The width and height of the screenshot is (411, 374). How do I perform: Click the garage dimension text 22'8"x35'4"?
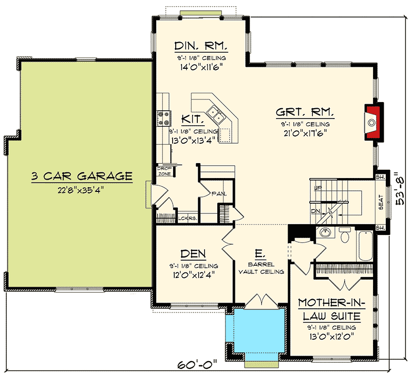point(82,189)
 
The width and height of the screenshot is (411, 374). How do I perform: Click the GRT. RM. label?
point(305,112)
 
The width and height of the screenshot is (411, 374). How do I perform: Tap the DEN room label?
point(193,253)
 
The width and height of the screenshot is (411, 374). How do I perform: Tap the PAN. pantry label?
point(216,193)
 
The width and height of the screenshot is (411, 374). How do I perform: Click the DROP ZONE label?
point(164,171)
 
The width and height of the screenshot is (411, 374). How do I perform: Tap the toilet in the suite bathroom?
point(345,235)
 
